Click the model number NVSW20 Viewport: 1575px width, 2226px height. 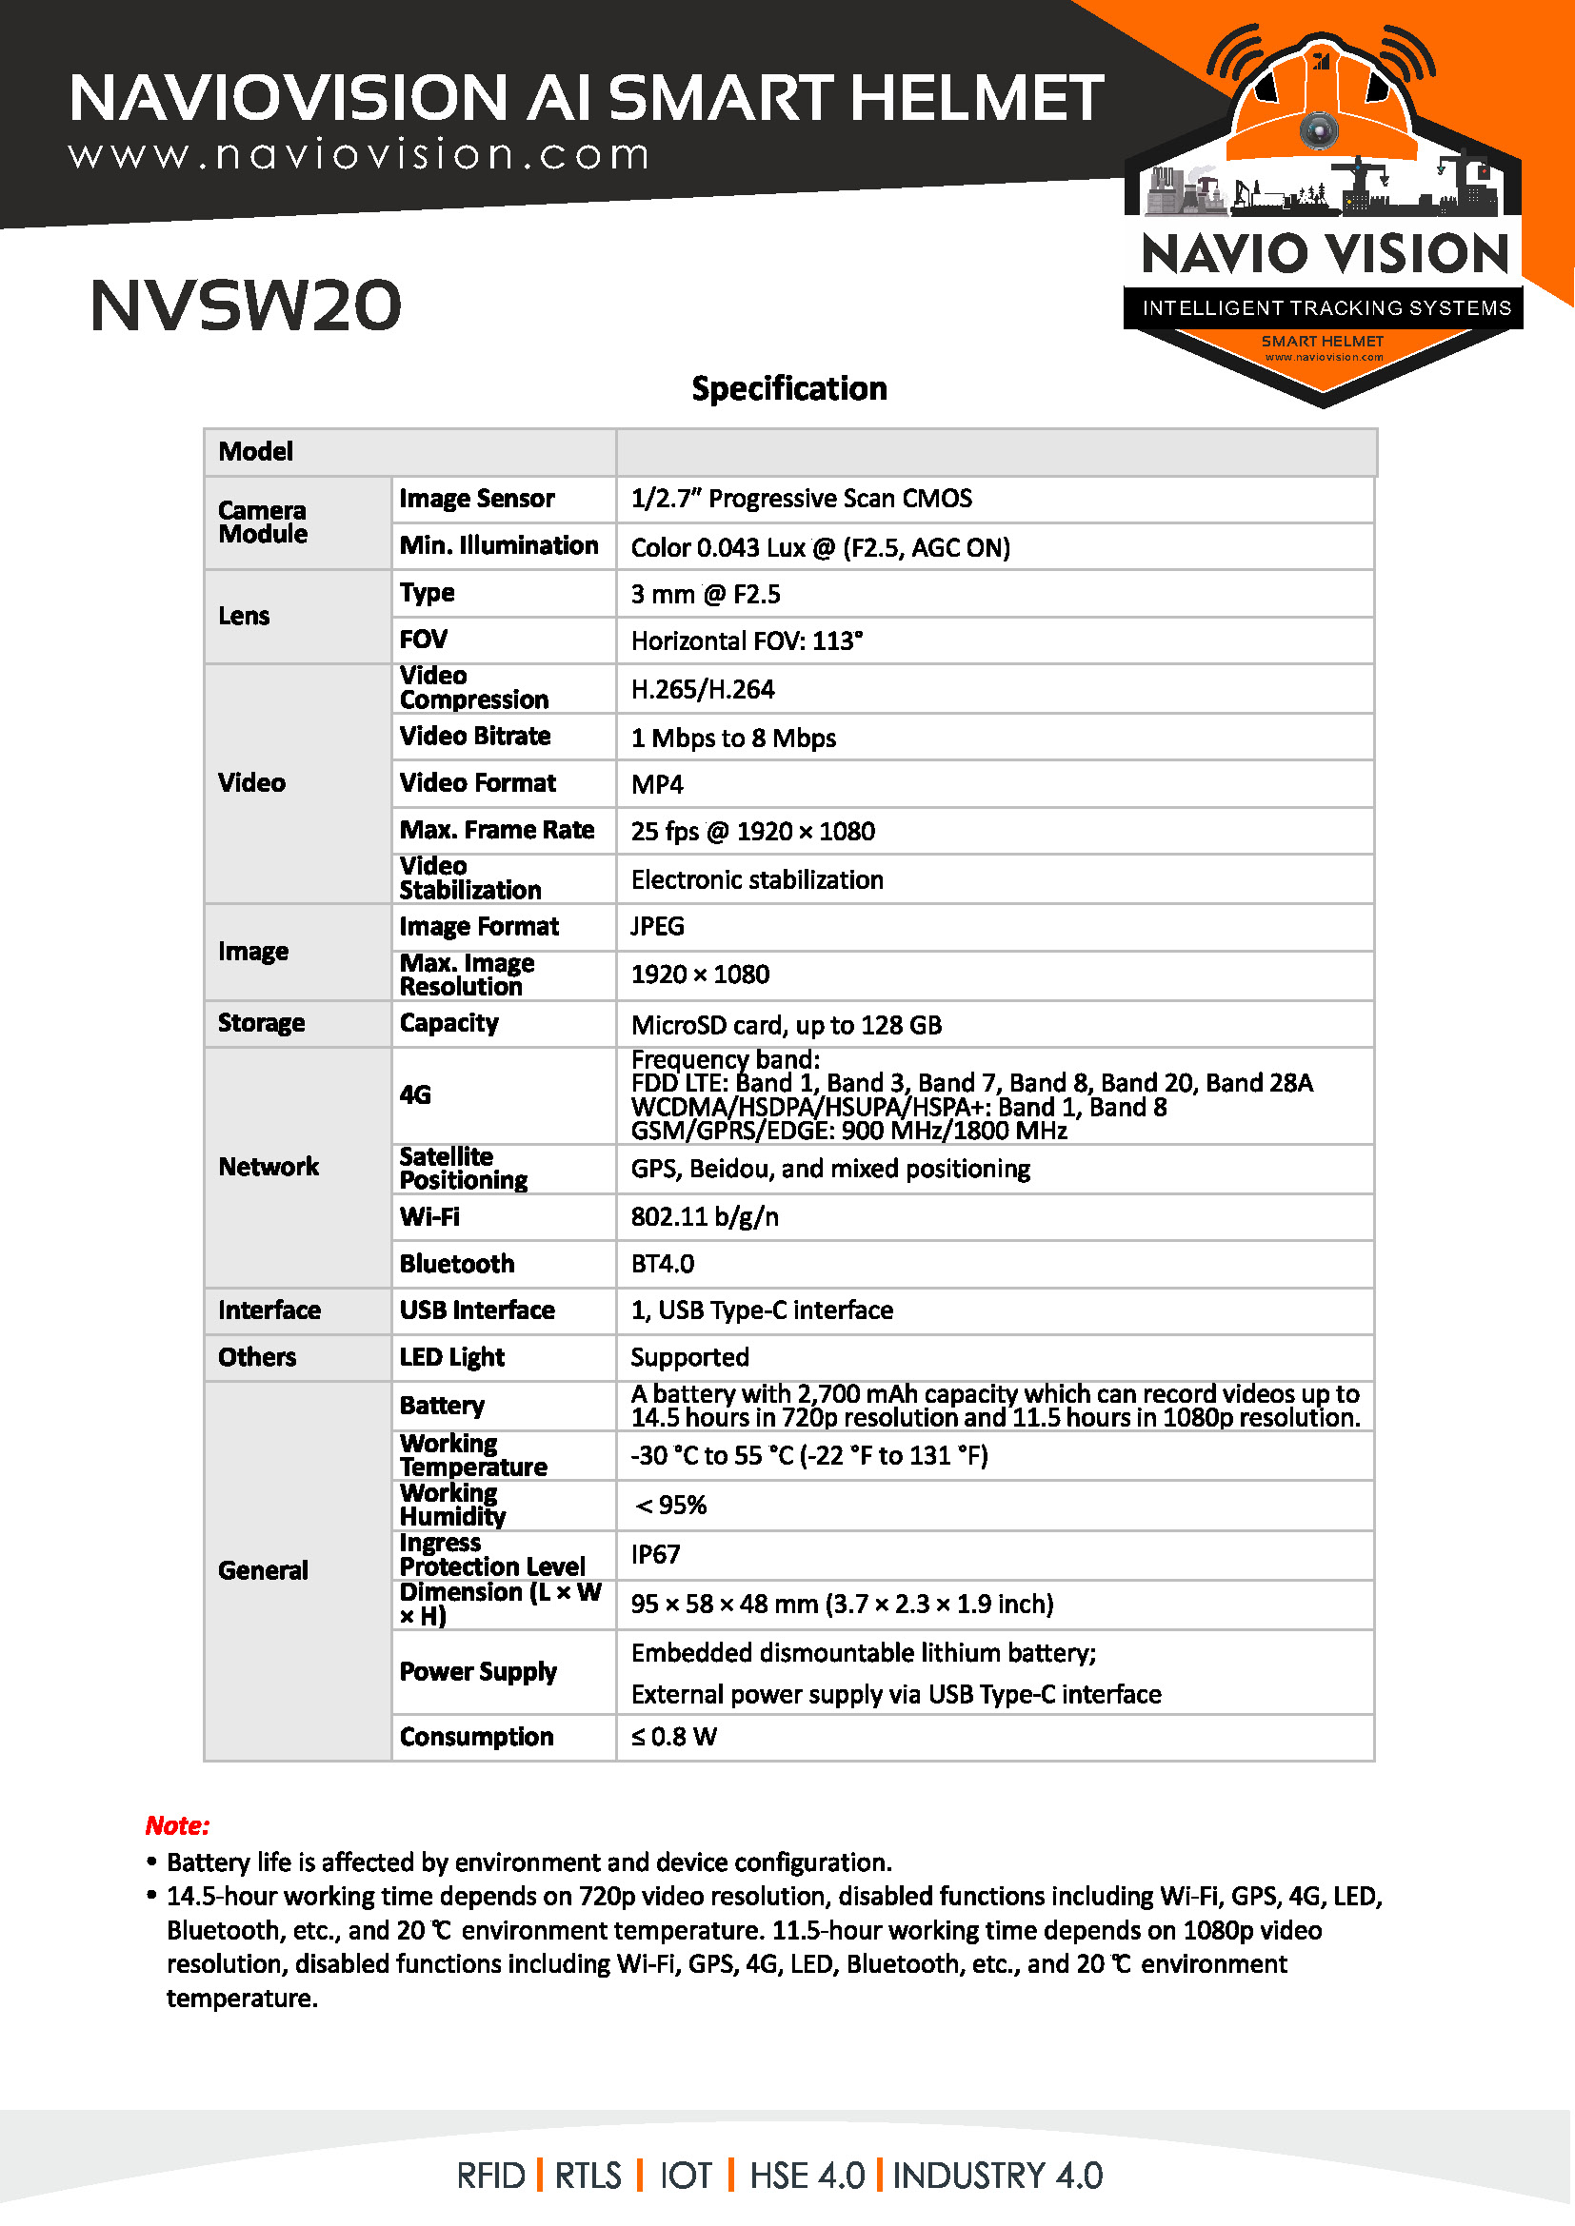[246, 305]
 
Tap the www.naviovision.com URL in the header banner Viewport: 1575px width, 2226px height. [359, 155]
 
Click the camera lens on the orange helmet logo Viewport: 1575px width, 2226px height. [1318, 128]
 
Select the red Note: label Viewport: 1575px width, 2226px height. [177, 1825]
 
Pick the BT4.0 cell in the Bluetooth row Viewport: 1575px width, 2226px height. [663, 1263]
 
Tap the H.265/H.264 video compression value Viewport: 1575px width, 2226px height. [703, 689]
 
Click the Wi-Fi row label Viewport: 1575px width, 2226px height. [429, 1217]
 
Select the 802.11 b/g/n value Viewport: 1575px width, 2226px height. [705, 1217]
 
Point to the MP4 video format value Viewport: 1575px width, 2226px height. [658, 783]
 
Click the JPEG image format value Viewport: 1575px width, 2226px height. [658, 926]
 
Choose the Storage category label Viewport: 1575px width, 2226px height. [261, 1023]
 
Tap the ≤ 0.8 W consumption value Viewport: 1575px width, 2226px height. [674, 1737]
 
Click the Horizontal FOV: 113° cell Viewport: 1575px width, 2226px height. [747, 640]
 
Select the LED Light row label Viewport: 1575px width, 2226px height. [452, 1357]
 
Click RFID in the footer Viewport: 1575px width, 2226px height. [490, 2176]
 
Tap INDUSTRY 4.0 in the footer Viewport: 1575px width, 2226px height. [997, 2176]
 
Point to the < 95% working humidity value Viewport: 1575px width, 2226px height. [670, 1505]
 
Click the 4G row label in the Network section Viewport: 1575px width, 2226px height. [415, 1094]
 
